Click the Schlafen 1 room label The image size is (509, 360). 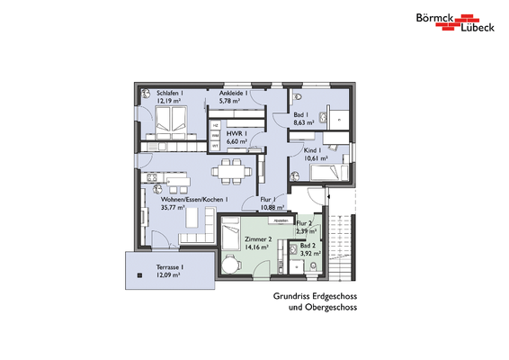coord(172,94)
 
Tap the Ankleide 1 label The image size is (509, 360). coord(234,94)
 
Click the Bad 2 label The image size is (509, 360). coord(308,245)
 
